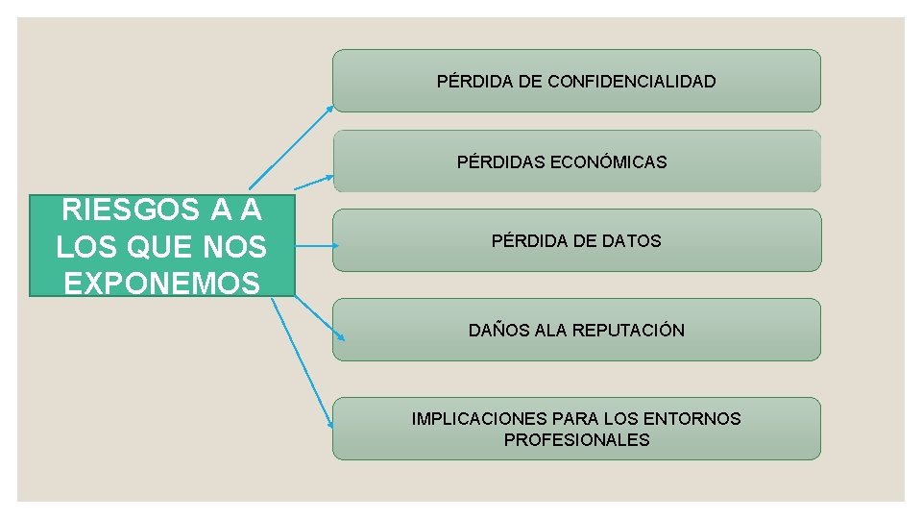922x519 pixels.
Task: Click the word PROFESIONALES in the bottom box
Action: click(576, 440)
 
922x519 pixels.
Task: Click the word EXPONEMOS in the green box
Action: click(161, 283)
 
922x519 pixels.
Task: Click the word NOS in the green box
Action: click(235, 246)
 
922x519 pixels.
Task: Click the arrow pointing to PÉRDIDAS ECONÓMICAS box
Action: click(313, 183)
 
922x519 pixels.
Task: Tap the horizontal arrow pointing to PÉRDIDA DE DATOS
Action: click(315, 246)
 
